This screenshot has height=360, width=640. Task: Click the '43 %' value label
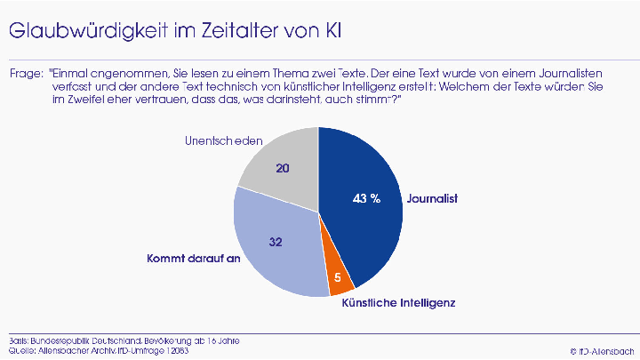(x=366, y=198)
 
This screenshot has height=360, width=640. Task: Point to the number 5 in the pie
(x=338, y=277)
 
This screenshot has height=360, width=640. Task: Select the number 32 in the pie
(x=276, y=241)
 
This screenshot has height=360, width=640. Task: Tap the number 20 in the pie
(x=283, y=167)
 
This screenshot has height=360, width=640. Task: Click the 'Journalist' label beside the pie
(x=432, y=198)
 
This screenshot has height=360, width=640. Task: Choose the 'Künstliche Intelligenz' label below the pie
(x=399, y=303)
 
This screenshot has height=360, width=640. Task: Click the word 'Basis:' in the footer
(x=17, y=340)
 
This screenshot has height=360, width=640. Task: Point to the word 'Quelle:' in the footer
(x=20, y=350)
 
